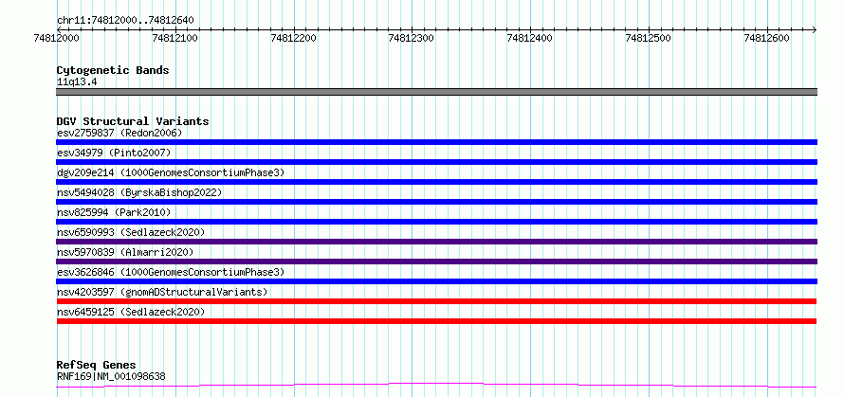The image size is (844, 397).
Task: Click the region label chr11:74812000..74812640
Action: (x=125, y=20)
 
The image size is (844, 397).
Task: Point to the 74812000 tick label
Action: (x=57, y=38)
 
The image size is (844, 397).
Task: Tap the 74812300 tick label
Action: (x=412, y=38)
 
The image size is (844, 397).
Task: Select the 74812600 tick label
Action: (x=766, y=38)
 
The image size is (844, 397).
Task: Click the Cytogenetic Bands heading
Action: (x=113, y=70)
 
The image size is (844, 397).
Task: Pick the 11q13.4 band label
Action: (x=77, y=82)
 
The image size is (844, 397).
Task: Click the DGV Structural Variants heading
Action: (x=133, y=121)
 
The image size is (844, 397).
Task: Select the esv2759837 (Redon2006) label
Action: (x=119, y=133)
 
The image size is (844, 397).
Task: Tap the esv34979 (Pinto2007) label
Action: (x=114, y=153)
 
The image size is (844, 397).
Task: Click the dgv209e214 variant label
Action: (x=170, y=172)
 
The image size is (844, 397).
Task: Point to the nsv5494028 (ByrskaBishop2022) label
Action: (x=138, y=192)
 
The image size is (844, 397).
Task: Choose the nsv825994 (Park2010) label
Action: (x=114, y=212)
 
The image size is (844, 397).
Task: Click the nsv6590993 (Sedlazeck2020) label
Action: (x=131, y=232)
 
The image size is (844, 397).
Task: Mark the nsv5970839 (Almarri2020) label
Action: (x=125, y=252)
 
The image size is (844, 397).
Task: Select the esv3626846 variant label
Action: (x=170, y=272)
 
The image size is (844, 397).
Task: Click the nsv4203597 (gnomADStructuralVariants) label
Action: (x=162, y=292)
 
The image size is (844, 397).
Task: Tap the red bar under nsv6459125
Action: (x=436, y=321)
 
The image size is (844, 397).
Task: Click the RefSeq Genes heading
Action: (x=97, y=366)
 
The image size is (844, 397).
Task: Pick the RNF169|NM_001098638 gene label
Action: (x=111, y=376)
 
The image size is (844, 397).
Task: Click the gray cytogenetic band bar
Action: (x=436, y=92)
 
